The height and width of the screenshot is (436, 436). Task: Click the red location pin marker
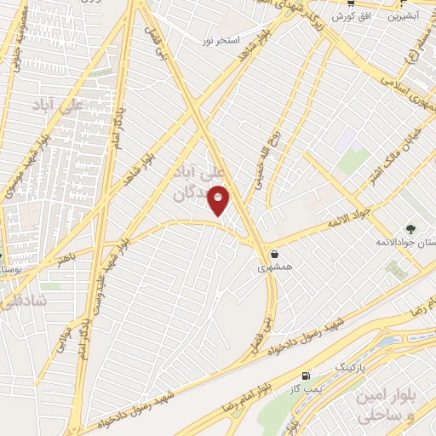click(220, 200)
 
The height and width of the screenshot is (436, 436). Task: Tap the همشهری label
click(275, 267)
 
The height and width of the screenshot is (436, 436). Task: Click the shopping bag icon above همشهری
click(274, 253)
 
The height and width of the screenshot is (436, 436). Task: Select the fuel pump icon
click(305, 376)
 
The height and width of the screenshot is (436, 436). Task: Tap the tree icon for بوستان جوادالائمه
click(411, 228)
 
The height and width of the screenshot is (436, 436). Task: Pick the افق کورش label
click(342, 16)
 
